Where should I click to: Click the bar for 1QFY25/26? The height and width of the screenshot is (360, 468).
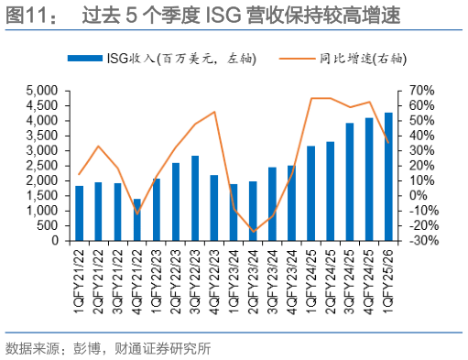[389, 177]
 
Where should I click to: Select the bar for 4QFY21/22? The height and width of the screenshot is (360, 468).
[137, 220]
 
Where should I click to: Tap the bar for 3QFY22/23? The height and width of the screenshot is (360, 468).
[195, 198]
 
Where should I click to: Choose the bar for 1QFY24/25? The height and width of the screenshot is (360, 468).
[311, 193]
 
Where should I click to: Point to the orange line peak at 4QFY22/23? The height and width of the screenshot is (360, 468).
[214, 112]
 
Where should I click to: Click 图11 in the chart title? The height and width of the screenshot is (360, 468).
[27, 16]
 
